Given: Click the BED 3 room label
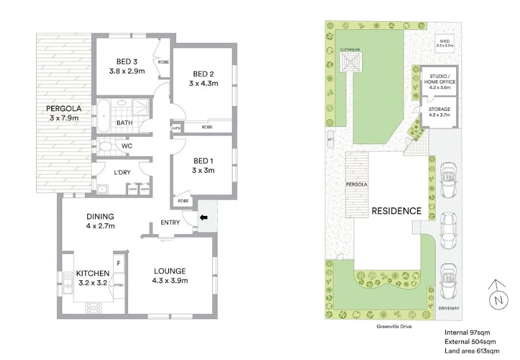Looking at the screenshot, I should (x=126, y=62).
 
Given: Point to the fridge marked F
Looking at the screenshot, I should (x=119, y=264).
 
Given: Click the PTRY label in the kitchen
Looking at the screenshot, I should (x=119, y=285).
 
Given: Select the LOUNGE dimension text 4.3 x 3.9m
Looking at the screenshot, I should (x=170, y=281).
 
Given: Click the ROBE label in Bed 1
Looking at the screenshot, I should (x=183, y=201).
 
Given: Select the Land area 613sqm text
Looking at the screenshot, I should (x=472, y=351).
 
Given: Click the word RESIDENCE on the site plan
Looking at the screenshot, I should (x=397, y=211).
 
